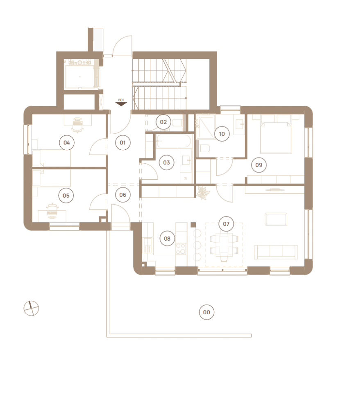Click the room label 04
click(x=67, y=143)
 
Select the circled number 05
click(x=66, y=196)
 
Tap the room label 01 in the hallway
click(x=123, y=143)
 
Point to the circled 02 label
click(x=163, y=122)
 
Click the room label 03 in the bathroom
click(x=166, y=162)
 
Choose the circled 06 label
click(x=123, y=195)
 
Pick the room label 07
click(x=226, y=224)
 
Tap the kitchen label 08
click(x=167, y=239)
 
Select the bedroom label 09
click(x=259, y=165)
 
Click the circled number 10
click(x=222, y=134)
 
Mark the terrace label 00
click(x=206, y=312)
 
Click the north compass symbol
click(x=31, y=309)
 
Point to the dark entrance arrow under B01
click(x=121, y=104)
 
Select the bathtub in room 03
click(x=174, y=141)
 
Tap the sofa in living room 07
click(x=276, y=252)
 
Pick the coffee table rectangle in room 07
click(x=276, y=219)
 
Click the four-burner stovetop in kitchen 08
click(x=181, y=249)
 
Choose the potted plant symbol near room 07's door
click(x=203, y=193)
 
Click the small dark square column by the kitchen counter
click(x=193, y=225)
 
